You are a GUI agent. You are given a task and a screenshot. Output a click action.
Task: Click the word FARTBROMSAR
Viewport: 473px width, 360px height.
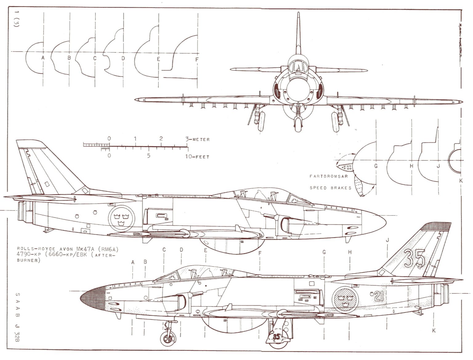click(328, 177)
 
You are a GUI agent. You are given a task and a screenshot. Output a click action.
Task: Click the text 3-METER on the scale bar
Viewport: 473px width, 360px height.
click(198, 139)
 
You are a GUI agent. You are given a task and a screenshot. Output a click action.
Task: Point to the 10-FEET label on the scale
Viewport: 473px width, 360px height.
click(197, 157)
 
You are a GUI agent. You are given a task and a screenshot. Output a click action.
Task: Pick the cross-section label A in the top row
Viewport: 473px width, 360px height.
click(43, 58)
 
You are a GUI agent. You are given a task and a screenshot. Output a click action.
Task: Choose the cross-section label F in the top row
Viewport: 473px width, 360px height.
click(197, 60)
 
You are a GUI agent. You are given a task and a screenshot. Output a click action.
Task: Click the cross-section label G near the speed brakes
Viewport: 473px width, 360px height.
click(376, 166)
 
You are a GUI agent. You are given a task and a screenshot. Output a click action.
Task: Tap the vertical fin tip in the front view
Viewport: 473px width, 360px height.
click(298, 14)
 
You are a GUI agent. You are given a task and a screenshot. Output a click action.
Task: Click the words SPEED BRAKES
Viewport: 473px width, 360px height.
click(330, 188)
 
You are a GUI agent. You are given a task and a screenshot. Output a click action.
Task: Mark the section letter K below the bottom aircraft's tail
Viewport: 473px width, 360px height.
click(434, 331)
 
